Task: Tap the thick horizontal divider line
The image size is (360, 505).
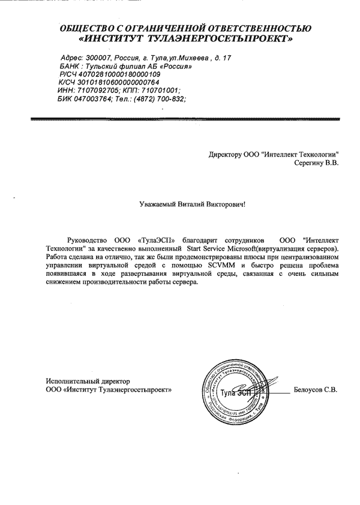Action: pyautogui.click(x=180, y=121)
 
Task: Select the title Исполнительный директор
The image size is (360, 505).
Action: pyautogui.click(x=87, y=381)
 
